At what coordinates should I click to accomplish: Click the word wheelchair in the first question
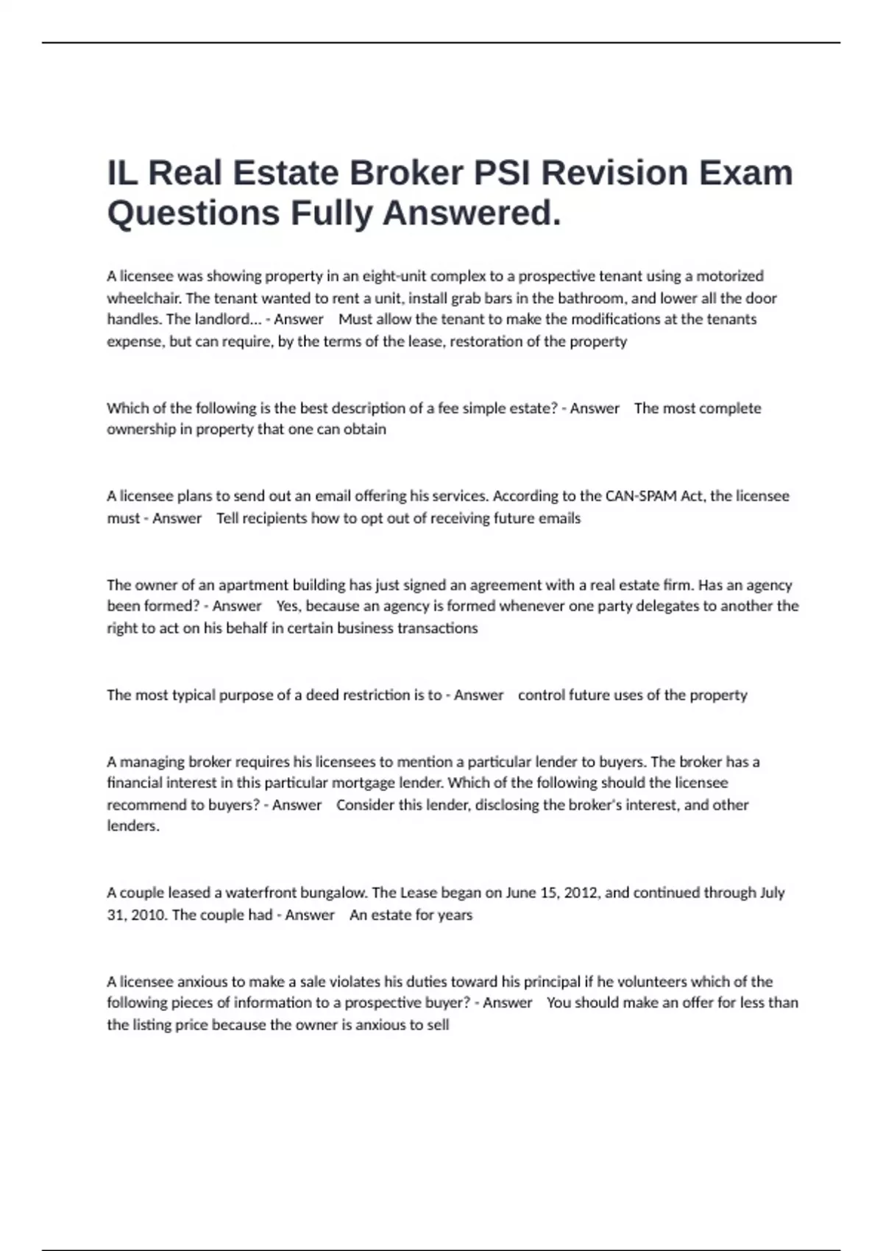coord(144,298)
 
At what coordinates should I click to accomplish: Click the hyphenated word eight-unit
coord(395,276)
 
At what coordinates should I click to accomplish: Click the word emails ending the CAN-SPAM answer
coord(559,518)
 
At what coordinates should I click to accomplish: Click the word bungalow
coord(336,893)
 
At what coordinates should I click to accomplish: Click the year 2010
coord(150,915)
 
